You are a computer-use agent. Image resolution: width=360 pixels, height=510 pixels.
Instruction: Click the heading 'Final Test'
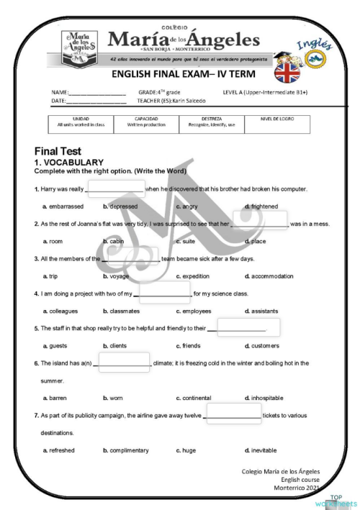coord(58,152)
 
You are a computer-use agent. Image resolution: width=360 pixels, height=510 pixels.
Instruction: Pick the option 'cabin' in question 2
coord(117,242)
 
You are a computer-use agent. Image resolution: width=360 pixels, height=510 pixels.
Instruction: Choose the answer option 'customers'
coord(266,346)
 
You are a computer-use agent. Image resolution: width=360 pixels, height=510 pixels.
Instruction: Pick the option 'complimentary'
coord(129,450)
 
